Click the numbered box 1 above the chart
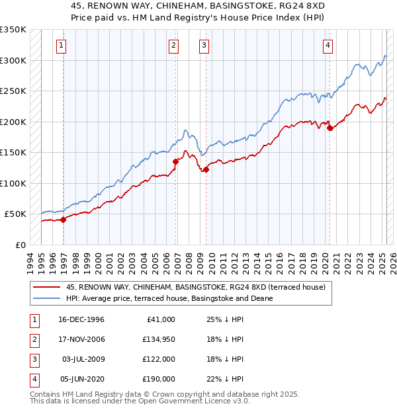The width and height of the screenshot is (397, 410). tap(61, 46)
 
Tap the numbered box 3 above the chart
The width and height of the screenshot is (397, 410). tap(204, 46)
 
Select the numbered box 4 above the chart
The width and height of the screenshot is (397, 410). tap(328, 46)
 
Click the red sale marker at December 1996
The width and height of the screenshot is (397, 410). tap(64, 220)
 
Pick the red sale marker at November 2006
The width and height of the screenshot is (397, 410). tap(176, 161)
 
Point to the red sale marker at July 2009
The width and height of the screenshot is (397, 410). tap(206, 169)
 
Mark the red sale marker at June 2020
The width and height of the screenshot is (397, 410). tap(330, 128)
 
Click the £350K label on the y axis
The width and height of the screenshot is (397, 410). tap(13, 30)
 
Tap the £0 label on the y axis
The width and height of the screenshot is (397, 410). tap(21, 245)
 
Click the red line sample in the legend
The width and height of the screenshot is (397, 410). tap(46, 288)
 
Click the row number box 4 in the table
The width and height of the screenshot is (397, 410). tap(32, 379)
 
